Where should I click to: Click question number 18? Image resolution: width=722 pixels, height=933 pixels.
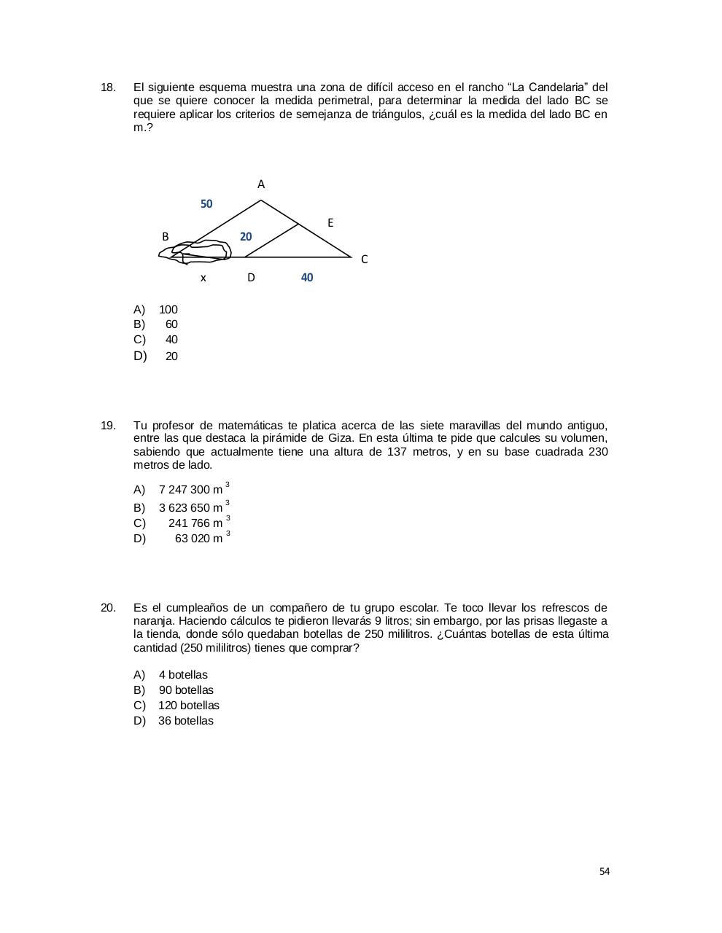(x=108, y=87)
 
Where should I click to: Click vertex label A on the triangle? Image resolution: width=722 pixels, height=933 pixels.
(x=261, y=184)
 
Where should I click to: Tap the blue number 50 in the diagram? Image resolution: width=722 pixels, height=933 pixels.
(x=206, y=204)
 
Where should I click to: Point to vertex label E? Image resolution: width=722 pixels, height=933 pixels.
(x=330, y=223)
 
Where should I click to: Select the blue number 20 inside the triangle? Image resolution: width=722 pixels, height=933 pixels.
(x=246, y=237)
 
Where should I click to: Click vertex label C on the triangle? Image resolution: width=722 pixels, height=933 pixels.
(x=364, y=259)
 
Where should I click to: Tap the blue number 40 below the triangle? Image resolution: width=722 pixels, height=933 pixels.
(x=307, y=278)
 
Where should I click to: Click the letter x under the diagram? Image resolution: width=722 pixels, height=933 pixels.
(x=203, y=278)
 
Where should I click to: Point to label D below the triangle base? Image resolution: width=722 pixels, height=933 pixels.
(x=251, y=278)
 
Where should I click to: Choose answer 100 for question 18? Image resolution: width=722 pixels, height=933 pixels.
(x=168, y=310)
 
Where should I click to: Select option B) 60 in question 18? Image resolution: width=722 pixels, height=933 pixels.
(x=171, y=324)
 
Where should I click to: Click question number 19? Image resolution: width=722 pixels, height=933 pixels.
(x=108, y=426)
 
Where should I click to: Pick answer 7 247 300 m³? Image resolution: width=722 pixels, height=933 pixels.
(x=190, y=490)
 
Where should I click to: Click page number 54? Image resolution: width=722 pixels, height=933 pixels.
(x=604, y=871)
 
